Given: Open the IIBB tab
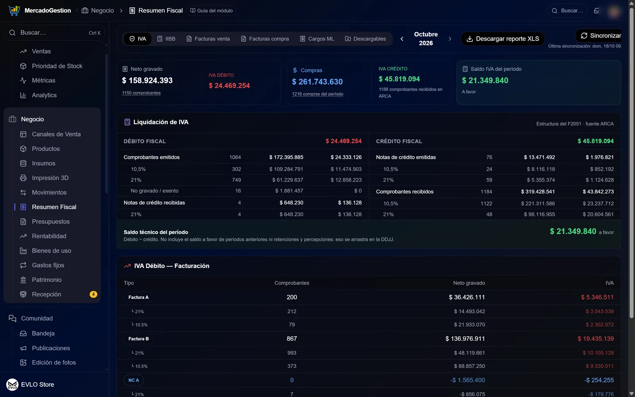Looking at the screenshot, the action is pyautogui.click(x=166, y=39).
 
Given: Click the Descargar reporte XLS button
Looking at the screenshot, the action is pyautogui.click(x=502, y=39).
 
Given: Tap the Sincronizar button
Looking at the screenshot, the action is pyautogui.click(x=600, y=36).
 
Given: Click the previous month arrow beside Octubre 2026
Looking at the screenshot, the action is pyautogui.click(x=402, y=39).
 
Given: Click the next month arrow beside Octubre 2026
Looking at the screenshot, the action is pyautogui.click(x=450, y=39).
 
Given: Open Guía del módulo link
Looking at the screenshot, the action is pyautogui.click(x=212, y=10).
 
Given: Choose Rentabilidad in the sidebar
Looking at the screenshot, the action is pyautogui.click(x=49, y=236).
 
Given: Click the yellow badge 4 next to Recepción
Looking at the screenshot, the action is pyautogui.click(x=93, y=294).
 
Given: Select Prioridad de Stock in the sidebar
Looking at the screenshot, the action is pyautogui.click(x=57, y=66).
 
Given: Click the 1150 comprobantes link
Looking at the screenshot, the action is pyautogui.click(x=141, y=93).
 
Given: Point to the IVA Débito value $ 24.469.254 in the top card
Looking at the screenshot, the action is pyautogui.click(x=229, y=86).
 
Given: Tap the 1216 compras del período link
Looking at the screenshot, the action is pyautogui.click(x=317, y=94).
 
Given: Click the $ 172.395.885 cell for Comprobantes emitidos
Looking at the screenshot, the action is pyautogui.click(x=286, y=157).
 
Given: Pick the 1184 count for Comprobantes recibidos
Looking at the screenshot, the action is pyautogui.click(x=486, y=192).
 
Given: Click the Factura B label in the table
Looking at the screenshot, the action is pyautogui.click(x=139, y=339).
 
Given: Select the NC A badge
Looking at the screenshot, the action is pyautogui.click(x=133, y=380).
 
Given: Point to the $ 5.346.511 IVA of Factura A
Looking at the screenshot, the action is pyautogui.click(x=597, y=297).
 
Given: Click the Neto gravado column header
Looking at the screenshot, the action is pyautogui.click(x=469, y=283).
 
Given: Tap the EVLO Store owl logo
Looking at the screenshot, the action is pyautogui.click(x=12, y=385).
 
